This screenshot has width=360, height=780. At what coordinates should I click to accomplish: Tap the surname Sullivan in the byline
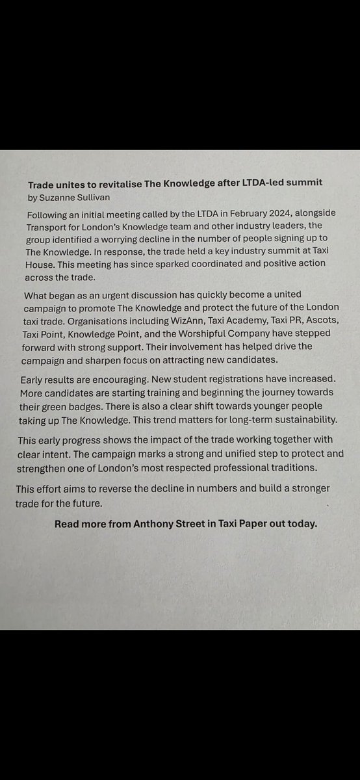click(97, 196)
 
